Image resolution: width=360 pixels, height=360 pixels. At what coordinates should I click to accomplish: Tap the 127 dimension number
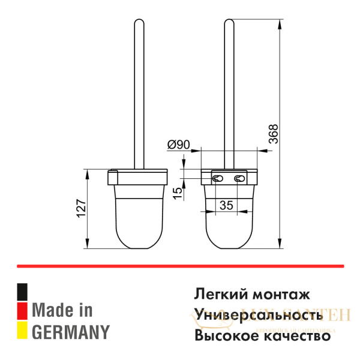coord(82,208)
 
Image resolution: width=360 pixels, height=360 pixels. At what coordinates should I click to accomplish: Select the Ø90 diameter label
coord(179,145)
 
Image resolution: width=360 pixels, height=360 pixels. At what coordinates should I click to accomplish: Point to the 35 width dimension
coord(226,205)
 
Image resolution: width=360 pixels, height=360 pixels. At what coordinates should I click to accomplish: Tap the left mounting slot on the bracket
coord(217,178)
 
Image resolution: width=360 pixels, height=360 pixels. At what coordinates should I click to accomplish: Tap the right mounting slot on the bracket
coord(240,178)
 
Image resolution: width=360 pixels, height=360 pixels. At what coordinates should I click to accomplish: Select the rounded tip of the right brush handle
coord(229,25)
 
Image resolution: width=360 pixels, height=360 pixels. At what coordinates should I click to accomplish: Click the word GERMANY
coord(71,331)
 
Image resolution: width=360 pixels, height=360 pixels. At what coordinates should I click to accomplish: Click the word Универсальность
coord(263,315)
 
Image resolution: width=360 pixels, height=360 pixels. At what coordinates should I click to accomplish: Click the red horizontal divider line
coord(180,265)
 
